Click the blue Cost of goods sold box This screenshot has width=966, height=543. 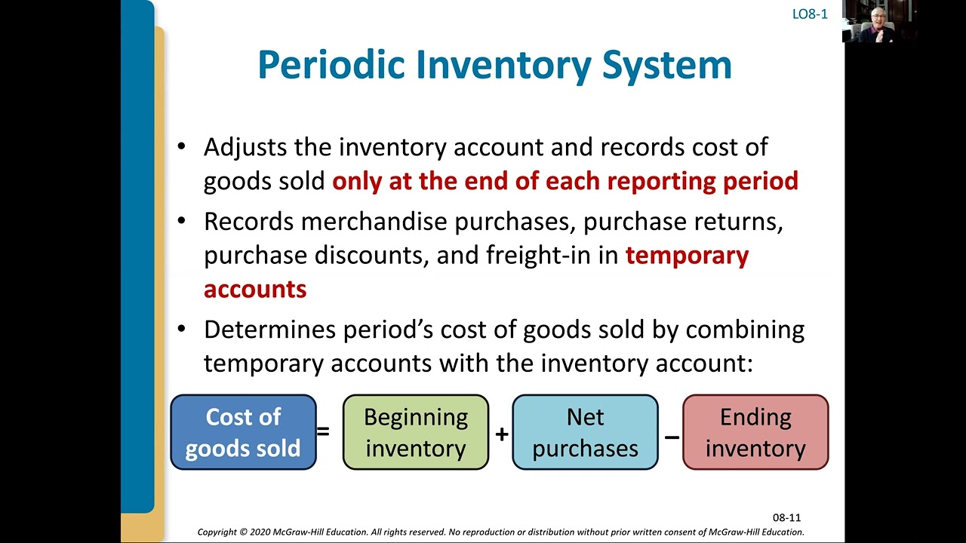tap(243, 432)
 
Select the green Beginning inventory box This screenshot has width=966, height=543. tap(416, 432)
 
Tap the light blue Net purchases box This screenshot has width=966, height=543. tap(585, 432)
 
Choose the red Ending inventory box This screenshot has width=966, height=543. tap(755, 432)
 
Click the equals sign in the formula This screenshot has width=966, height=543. tap(323, 432)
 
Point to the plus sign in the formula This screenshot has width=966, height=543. tap(501, 434)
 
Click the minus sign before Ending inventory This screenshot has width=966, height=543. tap(671, 436)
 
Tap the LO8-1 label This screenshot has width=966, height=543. tap(810, 14)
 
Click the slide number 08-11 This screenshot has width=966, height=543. tap(786, 517)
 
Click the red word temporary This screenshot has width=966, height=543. tap(687, 256)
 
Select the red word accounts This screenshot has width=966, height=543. tap(255, 290)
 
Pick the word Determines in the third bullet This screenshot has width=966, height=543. tap(269, 330)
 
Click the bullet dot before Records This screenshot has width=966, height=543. tap(181, 221)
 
